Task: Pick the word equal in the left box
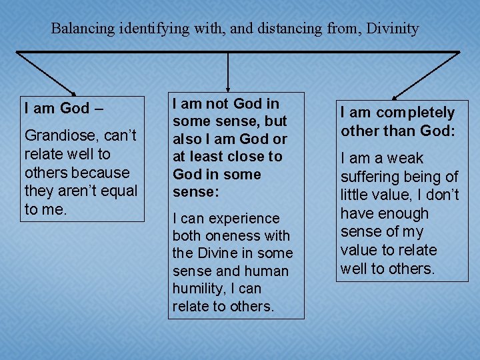[x=117, y=191]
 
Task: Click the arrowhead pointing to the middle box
[x=229, y=87]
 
